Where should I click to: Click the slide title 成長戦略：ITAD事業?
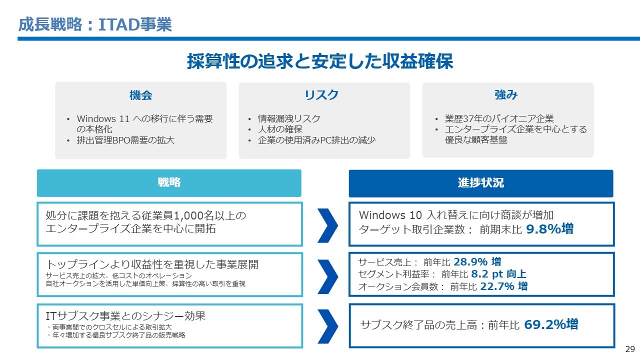coord(95,24)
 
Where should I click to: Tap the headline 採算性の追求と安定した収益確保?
coord(320,61)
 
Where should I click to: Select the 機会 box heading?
coord(141,95)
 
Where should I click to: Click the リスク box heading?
coord(321,95)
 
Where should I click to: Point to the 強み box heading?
coord(506,95)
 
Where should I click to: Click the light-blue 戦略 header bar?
coord(169,183)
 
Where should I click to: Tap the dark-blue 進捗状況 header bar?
coord(481,183)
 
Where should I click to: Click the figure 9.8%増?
coord(549,229)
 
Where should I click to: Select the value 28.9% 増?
coord(477,261)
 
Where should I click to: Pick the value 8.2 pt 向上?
coord(498,274)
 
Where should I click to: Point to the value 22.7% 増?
coord(504,286)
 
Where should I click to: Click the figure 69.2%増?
coord(551,324)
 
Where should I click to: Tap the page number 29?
coord(629,349)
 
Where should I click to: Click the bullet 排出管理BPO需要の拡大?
coord(125,140)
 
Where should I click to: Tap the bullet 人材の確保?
coord(280,129)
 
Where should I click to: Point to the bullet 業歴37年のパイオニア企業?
coord(499,118)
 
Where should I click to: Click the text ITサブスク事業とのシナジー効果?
coord(125,316)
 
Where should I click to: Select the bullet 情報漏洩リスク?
coord(289,118)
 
